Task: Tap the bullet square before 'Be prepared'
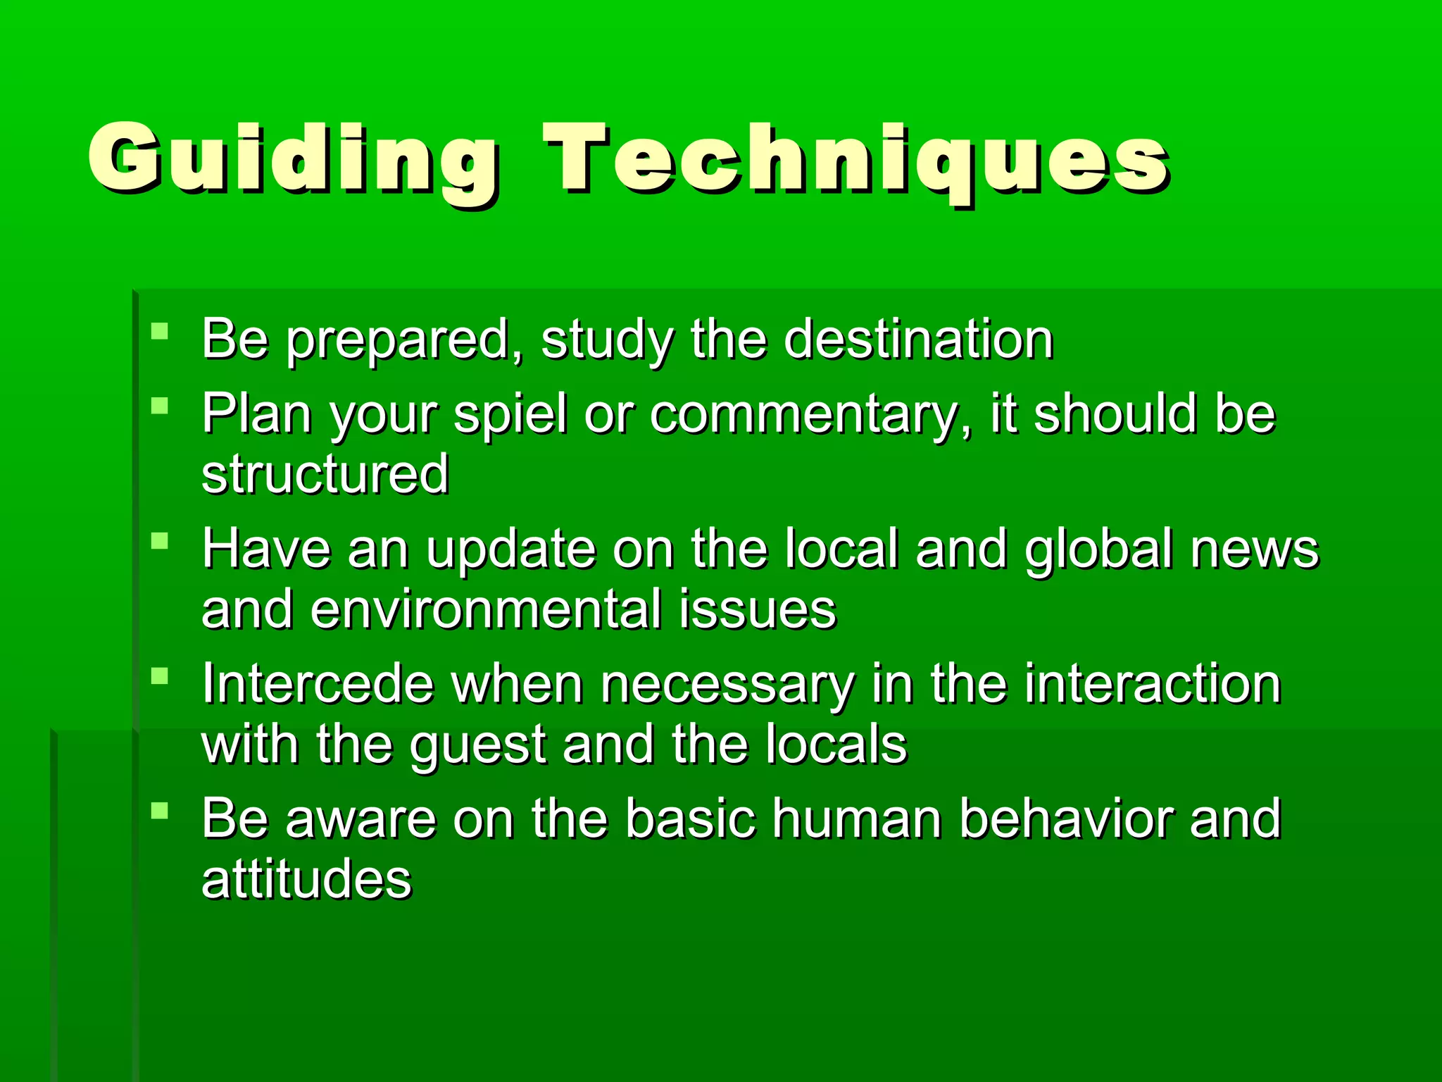[160, 331]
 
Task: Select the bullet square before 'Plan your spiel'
[160, 406]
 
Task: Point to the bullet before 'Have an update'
[160, 541]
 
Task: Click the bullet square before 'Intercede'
[160, 676]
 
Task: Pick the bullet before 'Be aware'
[160, 811]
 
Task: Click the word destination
[918, 340]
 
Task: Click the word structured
[325, 473]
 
